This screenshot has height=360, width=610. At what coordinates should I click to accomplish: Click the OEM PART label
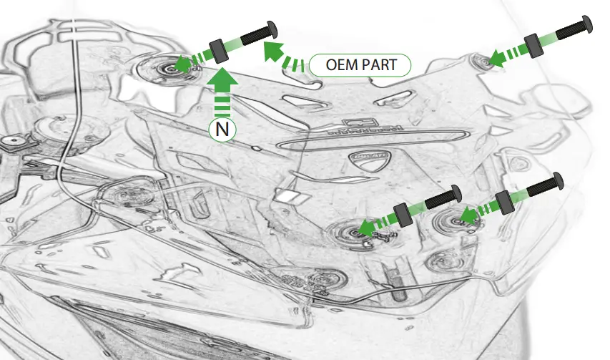(360, 66)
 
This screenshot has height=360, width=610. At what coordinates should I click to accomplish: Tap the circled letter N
(222, 130)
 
